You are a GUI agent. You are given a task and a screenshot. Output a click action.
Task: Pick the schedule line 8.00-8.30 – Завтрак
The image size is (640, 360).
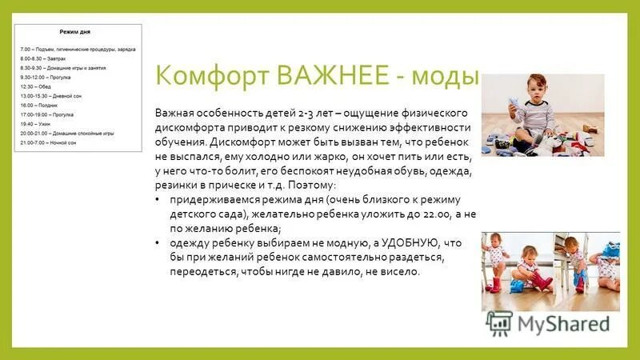[43, 58]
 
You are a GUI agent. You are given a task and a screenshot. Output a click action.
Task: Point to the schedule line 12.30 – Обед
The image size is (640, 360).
[37, 86]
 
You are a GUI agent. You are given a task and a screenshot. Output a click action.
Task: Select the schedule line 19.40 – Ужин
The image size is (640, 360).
[36, 124]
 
